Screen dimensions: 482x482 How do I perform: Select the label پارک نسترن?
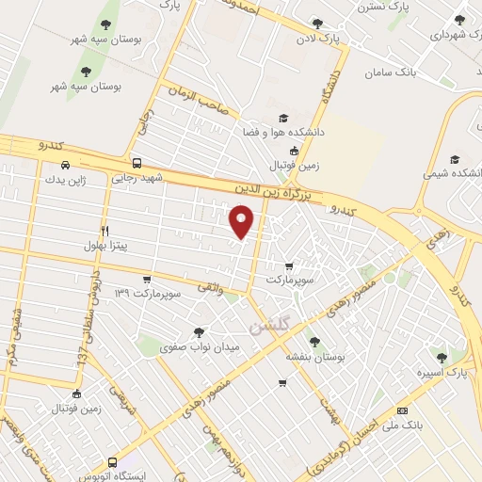356,7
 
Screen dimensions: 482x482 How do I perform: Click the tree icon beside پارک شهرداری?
459,20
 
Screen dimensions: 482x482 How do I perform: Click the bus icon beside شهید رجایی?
137,162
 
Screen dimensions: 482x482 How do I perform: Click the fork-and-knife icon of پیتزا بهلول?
104,230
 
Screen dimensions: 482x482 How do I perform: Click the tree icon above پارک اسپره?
442,357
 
